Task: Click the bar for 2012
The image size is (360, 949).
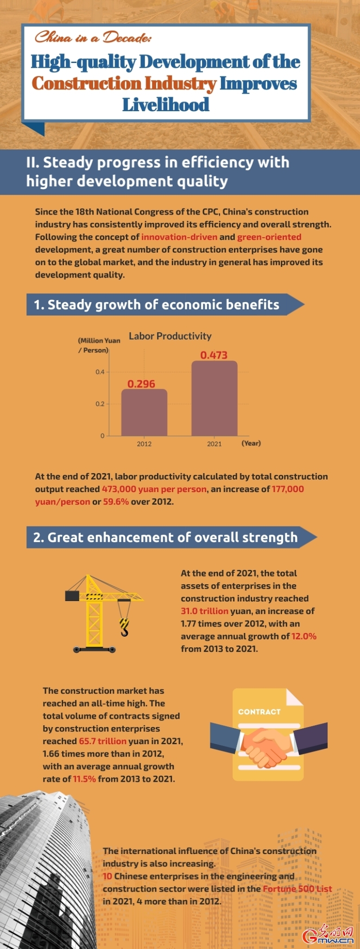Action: [x=144, y=412]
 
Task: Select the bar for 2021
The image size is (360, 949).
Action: [x=214, y=398]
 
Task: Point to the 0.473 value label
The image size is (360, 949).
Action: [x=214, y=355]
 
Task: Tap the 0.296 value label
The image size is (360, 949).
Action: [x=141, y=384]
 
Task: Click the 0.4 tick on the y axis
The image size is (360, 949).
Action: [x=100, y=372]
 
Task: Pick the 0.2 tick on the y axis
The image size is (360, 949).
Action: [x=100, y=404]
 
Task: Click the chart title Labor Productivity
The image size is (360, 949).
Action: [x=170, y=336]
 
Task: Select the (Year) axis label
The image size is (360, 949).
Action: [x=251, y=443]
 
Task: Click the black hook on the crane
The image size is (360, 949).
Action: [x=124, y=627]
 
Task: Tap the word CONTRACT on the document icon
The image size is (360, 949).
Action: [x=259, y=712]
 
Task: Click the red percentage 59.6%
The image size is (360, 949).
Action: [x=116, y=502]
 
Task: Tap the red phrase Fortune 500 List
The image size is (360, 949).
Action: [x=297, y=889]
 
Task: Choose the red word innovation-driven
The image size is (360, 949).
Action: [x=179, y=237]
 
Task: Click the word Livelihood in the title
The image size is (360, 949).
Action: [x=166, y=104]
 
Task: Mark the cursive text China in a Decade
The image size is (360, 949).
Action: [x=93, y=37]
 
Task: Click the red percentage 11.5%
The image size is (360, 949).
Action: [x=84, y=779]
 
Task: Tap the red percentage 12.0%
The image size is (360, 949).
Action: [x=304, y=636]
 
